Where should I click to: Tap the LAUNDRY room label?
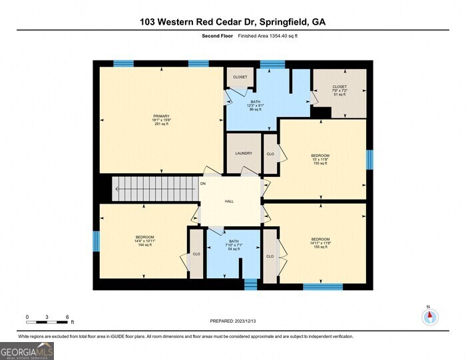[244, 154]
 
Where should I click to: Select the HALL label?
[229, 200]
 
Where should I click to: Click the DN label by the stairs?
[203, 183]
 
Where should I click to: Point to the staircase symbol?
[154, 188]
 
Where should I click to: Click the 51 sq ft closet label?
[340, 90]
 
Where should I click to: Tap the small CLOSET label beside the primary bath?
[240, 77]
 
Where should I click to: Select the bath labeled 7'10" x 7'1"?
[233, 245]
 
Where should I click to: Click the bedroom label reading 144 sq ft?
[145, 241]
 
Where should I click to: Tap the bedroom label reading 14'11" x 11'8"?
[320, 243]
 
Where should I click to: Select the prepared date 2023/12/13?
[232, 322]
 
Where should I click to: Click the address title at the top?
[232, 22]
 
